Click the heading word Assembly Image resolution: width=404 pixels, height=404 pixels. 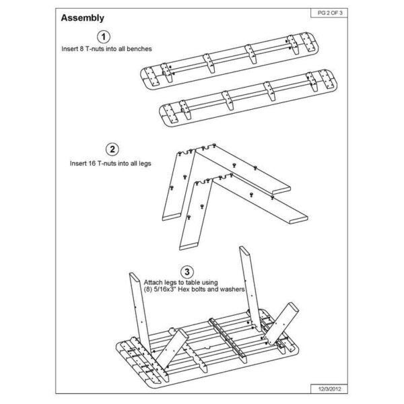pos(82,18)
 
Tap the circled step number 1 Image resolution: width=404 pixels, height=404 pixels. pos(104,37)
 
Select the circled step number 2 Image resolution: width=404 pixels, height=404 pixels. pos(112,149)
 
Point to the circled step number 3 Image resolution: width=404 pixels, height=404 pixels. pos(187,272)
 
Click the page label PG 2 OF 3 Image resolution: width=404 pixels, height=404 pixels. pos(330,13)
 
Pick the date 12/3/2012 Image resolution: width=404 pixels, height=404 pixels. pos(329,389)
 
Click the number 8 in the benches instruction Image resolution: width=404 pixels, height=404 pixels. pos(81,48)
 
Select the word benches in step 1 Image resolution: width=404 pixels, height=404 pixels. pos(139,48)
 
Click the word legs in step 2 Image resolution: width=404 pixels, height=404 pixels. pos(145,164)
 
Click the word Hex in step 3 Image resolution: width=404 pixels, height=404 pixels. pos(183,290)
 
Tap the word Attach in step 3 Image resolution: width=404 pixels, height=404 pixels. pos(152,282)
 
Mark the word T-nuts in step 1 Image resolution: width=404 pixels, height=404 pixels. pos(94,48)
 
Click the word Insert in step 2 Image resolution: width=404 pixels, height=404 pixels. pos(78,164)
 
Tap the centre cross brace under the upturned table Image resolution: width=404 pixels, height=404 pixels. pos(228,340)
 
